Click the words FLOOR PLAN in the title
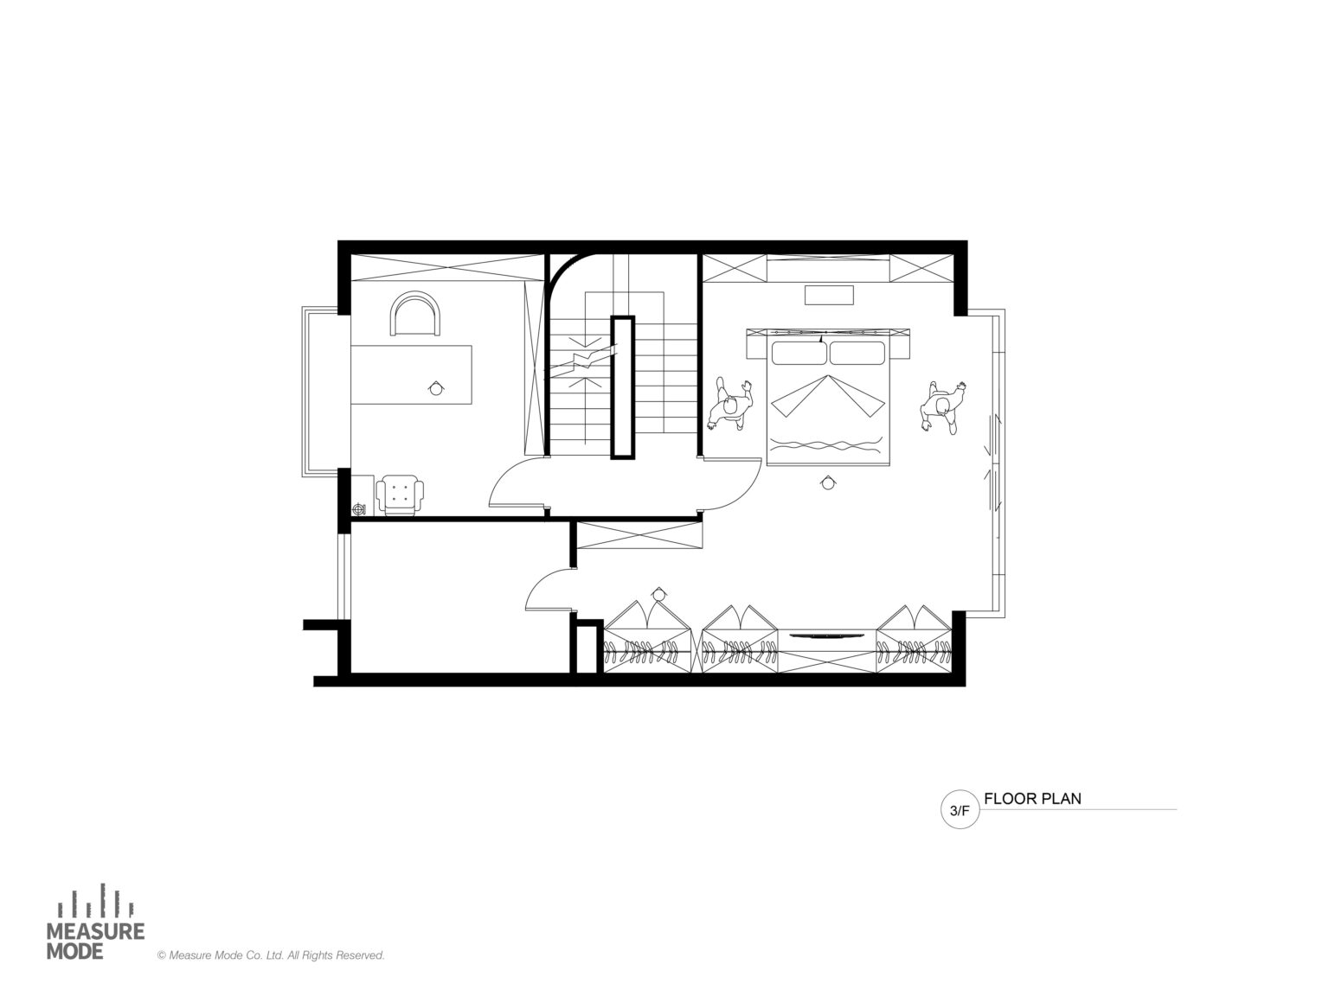(x=1031, y=798)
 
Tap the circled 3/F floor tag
(x=959, y=810)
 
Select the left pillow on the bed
(x=798, y=353)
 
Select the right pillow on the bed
(x=857, y=353)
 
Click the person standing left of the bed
(x=731, y=406)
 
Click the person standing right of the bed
(x=943, y=407)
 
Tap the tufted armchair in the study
(x=400, y=495)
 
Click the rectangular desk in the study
(x=411, y=374)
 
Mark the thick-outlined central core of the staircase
(x=622, y=387)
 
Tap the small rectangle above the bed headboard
(x=828, y=295)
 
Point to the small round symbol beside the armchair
(x=359, y=508)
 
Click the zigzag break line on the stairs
(x=581, y=361)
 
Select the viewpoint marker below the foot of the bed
(x=828, y=482)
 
